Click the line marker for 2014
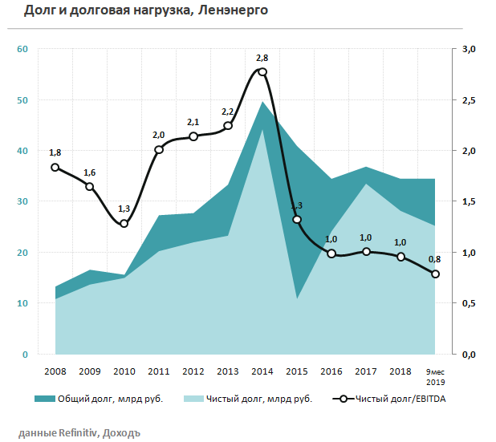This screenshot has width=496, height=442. (x=262, y=72)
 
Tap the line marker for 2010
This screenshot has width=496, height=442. (x=124, y=223)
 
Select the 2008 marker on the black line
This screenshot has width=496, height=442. (x=55, y=168)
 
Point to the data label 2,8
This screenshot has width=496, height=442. (x=262, y=58)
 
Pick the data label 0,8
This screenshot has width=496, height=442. (x=434, y=259)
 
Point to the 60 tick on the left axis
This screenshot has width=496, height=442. (x=22, y=50)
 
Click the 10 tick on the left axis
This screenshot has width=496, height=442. (x=22, y=303)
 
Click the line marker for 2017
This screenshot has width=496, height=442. (x=366, y=252)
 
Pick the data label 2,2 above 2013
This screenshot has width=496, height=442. (x=228, y=112)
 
